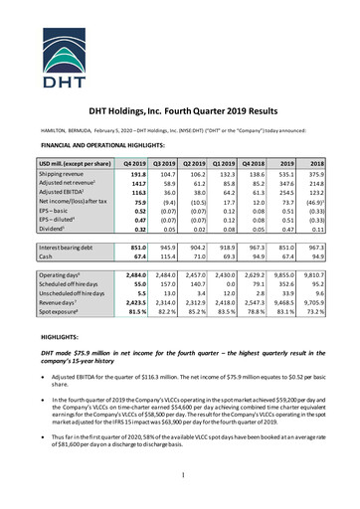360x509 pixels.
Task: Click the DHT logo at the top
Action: tap(179, 37)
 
